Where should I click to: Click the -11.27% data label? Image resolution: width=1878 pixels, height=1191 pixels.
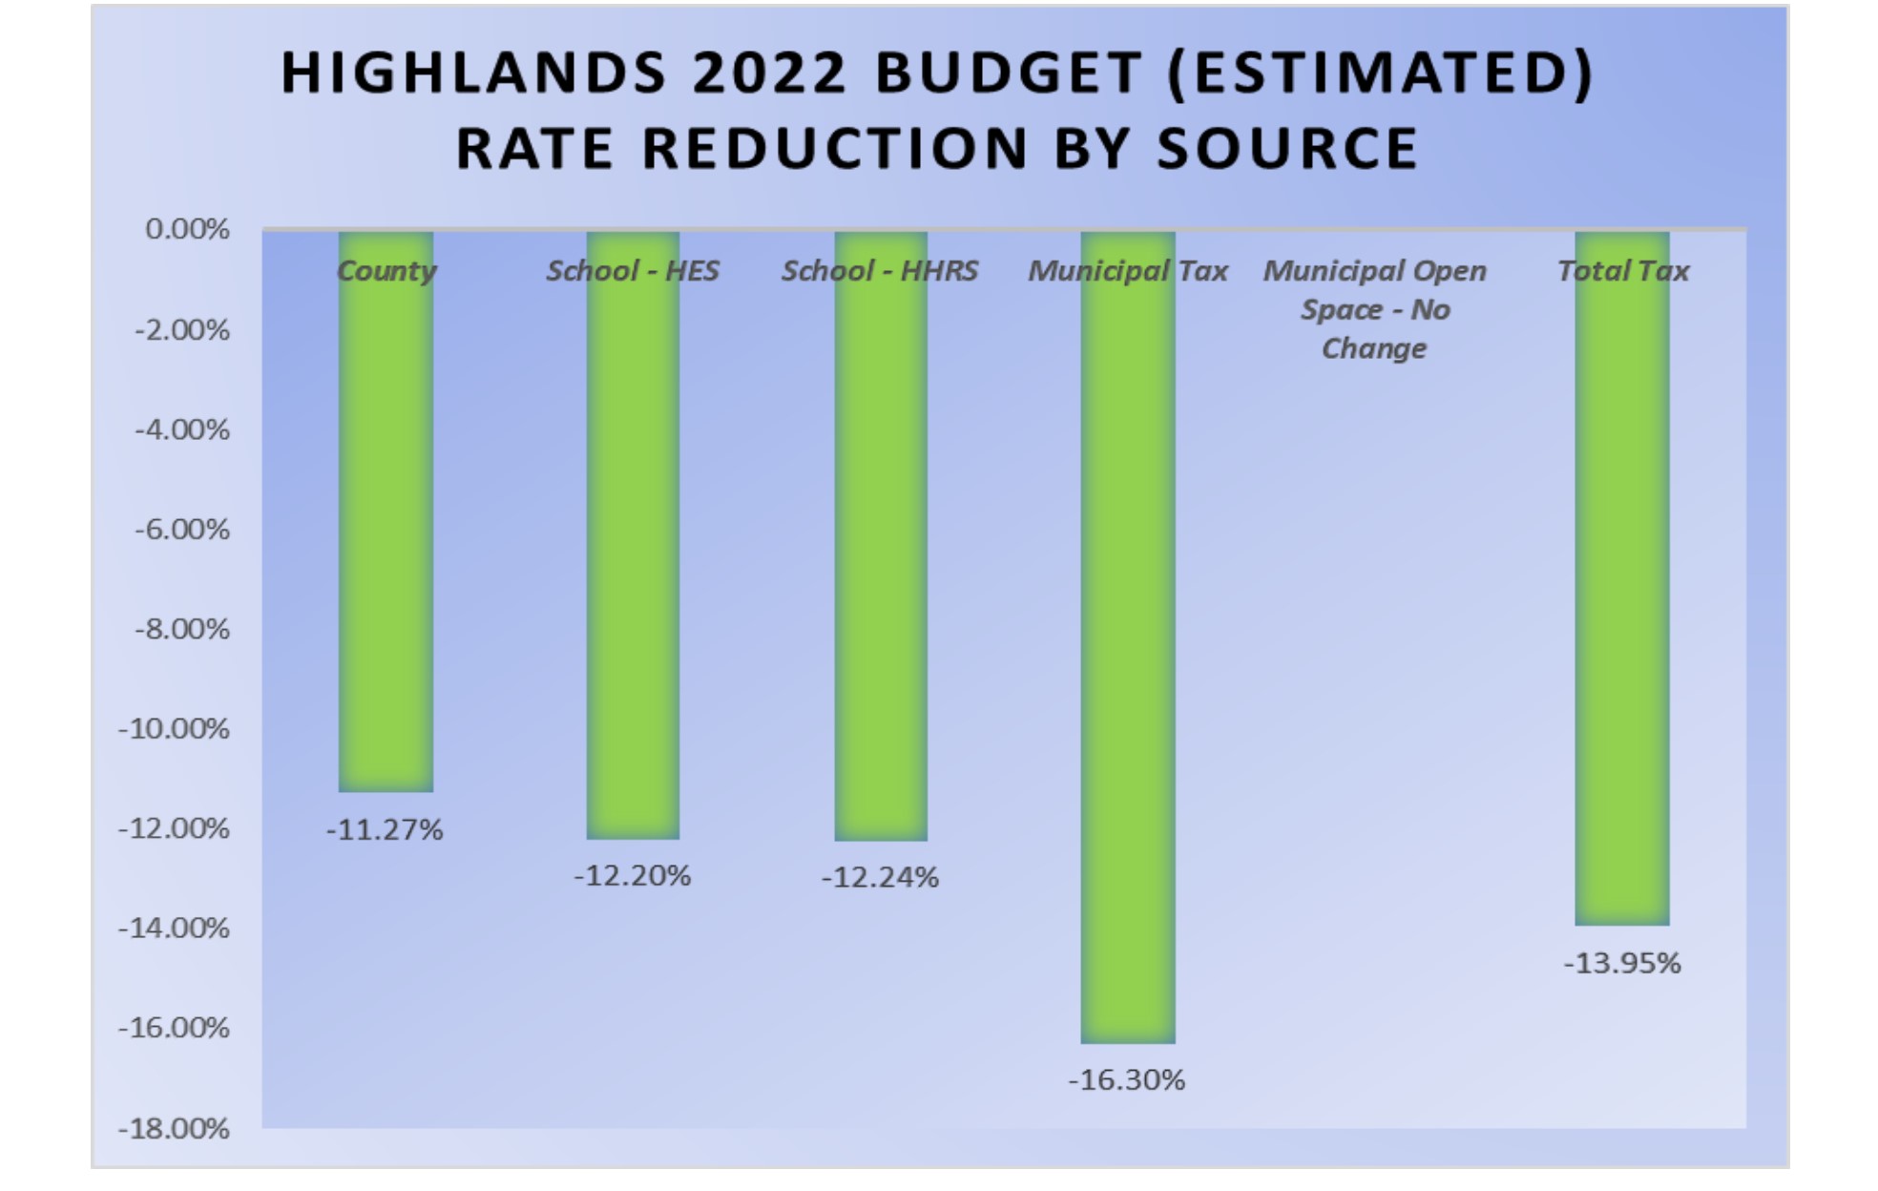click(x=385, y=829)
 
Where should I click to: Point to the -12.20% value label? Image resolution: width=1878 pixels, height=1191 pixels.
click(x=632, y=875)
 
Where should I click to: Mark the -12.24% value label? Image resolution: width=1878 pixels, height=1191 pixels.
click(x=880, y=876)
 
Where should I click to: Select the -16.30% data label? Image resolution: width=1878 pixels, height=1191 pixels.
click(x=1126, y=1079)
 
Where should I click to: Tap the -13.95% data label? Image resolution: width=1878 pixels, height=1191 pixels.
click(x=1621, y=962)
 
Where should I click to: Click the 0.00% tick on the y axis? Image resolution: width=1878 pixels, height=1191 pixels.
click(x=187, y=229)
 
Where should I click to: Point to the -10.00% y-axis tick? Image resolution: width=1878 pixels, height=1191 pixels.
click(x=174, y=728)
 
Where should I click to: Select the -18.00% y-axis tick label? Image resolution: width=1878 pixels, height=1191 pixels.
click(x=174, y=1128)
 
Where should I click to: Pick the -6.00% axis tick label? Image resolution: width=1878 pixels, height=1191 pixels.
click(x=181, y=529)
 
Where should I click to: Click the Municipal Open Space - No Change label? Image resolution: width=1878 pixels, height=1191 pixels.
click(x=1374, y=309)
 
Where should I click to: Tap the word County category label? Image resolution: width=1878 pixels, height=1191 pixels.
click(x=386, y=271)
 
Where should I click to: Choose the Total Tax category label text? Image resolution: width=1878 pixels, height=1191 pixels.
click(x=1622, y=271)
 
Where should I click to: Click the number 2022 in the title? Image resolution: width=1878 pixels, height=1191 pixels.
click(x=769, y=73)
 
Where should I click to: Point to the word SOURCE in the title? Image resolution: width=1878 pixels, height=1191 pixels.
click(x=1287, y=149)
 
